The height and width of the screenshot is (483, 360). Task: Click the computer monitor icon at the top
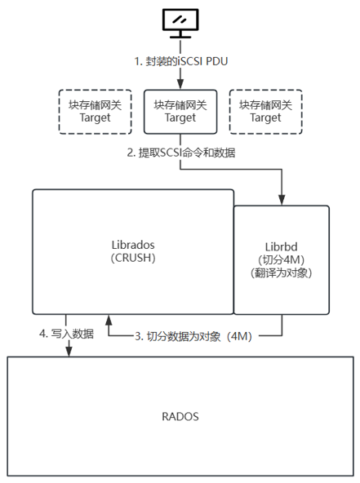click(180, 20)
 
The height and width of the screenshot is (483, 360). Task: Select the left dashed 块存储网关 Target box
click(96, 111)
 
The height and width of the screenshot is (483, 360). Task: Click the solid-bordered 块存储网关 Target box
click(180, 111)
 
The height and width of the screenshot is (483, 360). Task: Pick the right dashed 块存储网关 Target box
click(265, 111)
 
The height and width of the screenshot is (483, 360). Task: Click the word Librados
click(132, 244)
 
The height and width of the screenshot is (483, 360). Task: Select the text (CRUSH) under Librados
click(132, 258)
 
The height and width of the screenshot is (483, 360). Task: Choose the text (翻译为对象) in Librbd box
click(282, 273)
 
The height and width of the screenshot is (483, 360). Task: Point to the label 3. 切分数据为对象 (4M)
click(193, 335)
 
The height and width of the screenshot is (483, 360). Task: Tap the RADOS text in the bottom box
click(180, 416)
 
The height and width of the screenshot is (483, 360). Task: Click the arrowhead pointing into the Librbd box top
click(282, 200)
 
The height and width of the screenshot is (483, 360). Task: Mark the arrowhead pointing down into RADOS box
click(68, 352)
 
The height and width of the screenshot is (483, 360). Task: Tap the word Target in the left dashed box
click(96, 117)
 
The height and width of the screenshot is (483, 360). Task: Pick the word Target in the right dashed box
click(265, 117)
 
